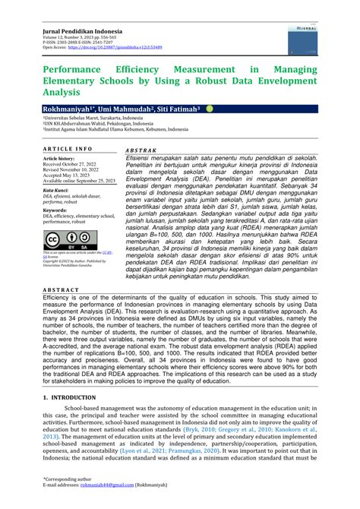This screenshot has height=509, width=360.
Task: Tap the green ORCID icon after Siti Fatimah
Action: tap(210, 109)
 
